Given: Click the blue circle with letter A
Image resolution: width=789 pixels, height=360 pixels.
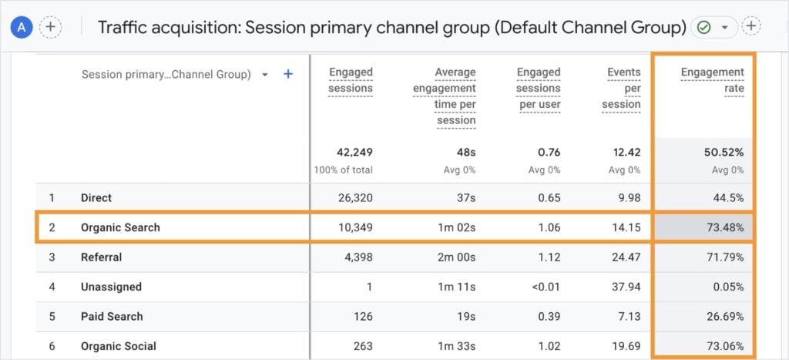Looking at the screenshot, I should point(21,27).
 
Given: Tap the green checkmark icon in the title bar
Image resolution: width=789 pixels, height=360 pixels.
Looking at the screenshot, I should point(703,27).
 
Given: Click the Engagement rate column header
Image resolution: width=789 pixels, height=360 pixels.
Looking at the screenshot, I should point(713,80).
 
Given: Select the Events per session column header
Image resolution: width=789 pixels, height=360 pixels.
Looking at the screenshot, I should point(623,88).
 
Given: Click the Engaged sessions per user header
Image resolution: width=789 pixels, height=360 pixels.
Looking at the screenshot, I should point(539,88).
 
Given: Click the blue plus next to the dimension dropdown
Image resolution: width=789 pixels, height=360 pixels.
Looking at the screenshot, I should point(288,75).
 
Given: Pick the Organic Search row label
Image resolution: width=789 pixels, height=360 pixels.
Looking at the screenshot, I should point(120,227).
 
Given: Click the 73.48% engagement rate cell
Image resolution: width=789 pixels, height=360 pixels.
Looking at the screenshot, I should point(724,227).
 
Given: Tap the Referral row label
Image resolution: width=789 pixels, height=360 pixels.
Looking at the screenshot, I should point(101,257).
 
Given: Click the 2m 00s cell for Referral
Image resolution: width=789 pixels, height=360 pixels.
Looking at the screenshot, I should point(455,257).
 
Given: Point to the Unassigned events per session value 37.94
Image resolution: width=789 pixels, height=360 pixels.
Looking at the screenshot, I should point(625,287).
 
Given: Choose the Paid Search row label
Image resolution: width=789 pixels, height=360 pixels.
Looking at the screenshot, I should point(112,316).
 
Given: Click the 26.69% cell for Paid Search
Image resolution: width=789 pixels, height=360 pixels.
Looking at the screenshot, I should point(724,316).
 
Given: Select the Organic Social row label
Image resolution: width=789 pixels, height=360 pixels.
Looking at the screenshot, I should point(118,346).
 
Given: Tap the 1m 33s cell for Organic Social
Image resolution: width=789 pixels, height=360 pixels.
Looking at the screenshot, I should point(455,346).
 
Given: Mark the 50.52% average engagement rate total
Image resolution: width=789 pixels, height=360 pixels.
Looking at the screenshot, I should point(724,153).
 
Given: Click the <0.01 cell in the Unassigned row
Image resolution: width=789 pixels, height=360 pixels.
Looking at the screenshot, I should point(542,287).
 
